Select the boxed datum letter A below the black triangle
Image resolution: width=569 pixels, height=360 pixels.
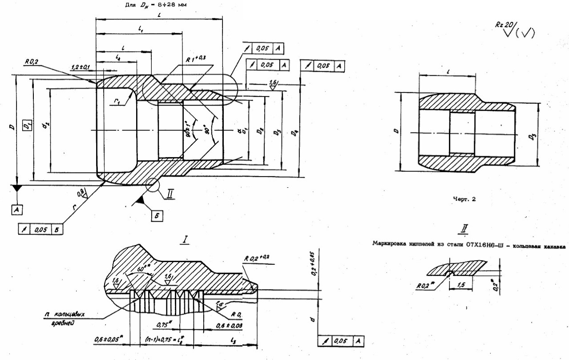pos(17,207)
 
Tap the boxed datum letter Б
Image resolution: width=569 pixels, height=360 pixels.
pos(157,216)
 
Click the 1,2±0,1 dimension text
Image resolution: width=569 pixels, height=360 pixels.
pos(80,67)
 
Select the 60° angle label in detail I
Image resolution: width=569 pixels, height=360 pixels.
pos(132,270)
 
